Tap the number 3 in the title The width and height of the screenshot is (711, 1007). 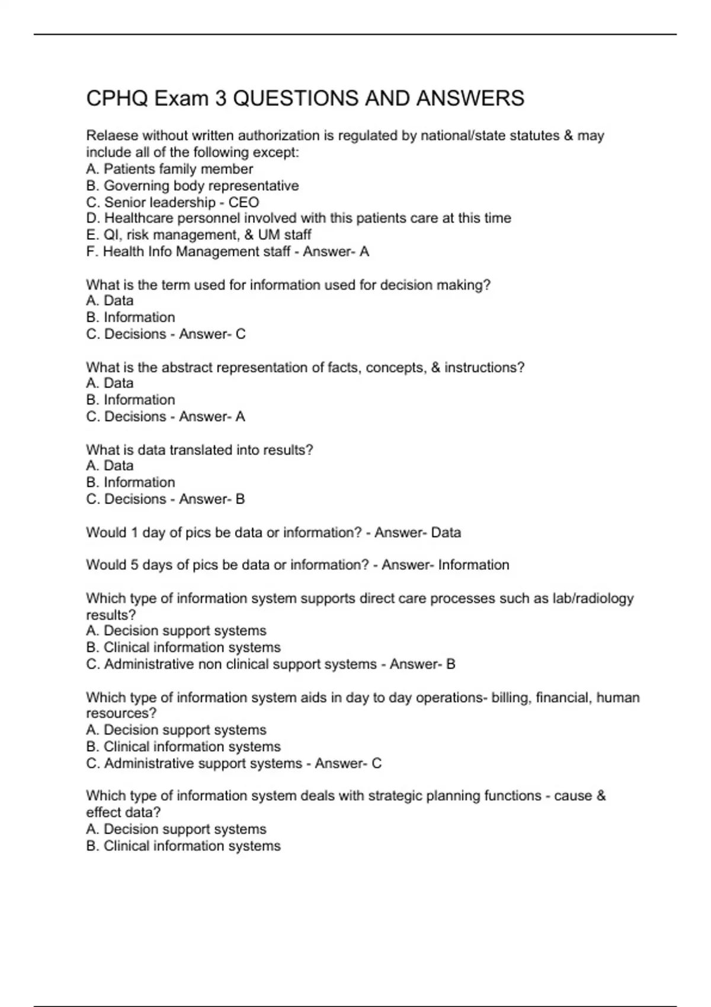(x=220, y=98)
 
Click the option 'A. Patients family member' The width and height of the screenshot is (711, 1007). (x=169, y=169)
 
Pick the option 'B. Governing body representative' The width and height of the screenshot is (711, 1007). (x=193, y=185)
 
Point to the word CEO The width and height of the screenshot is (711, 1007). (x=244, y=202)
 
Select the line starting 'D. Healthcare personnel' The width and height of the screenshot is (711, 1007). (x=298, y=218)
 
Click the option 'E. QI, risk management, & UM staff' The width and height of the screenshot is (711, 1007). (x=198, y=235)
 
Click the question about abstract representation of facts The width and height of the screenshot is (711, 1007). (x=305, y=367)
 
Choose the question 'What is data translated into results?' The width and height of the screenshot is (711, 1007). (x=200, y=450)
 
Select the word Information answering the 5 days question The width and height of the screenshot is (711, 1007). (x=473, y=565)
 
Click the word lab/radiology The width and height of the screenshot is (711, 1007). (x=593, y=598)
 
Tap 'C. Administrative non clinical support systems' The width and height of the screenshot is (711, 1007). (x=232, y=664)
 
